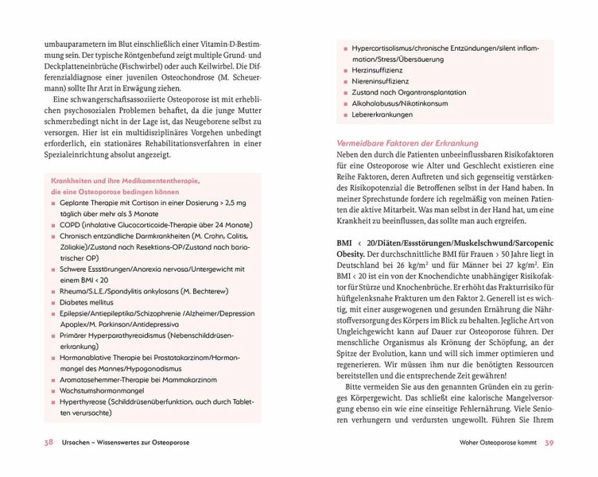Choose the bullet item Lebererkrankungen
click(x=382, y=114)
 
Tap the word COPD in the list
click(x=69, y=226)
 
